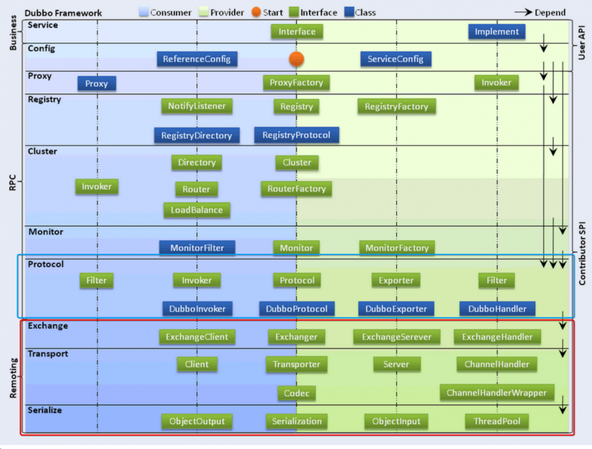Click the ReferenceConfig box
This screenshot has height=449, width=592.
(197, 59)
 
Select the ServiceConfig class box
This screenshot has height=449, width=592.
(395, 59)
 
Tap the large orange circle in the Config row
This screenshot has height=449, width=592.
(296, 59)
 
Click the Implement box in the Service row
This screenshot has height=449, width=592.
(497, 32)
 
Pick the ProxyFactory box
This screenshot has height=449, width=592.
(296, 83)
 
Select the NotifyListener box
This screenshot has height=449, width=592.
(197, 106)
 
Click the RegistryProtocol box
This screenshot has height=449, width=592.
(296, 135)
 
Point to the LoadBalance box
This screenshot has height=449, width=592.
(197, 210)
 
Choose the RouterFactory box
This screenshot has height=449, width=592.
(296, 189)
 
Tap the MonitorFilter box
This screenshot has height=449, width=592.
(197, 248)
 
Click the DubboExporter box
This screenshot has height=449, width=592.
(396, 309)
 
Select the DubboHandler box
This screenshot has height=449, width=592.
(497, 309)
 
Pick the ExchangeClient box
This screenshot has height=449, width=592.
(197, 337)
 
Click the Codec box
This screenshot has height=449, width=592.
(296, 393)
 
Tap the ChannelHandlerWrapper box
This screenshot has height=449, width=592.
(497, 393)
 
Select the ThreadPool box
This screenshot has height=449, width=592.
(497, 422)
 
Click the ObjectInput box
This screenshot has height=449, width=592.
(396, 422)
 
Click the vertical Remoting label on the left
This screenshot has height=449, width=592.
(13, 377)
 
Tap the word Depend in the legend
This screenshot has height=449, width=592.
(550, 12)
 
